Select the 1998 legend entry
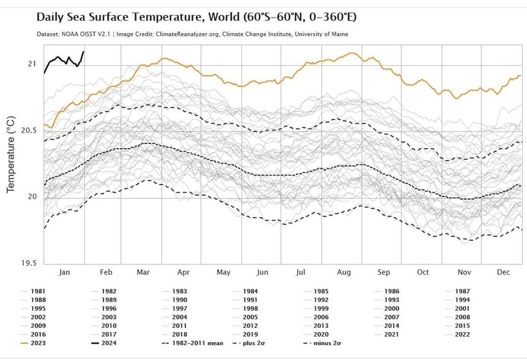[250, 308]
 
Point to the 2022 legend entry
[462, 334]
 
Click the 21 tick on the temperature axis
[32, 64]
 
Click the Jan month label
[64, 272]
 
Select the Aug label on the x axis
[344, 272]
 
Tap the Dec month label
[503, 272]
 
